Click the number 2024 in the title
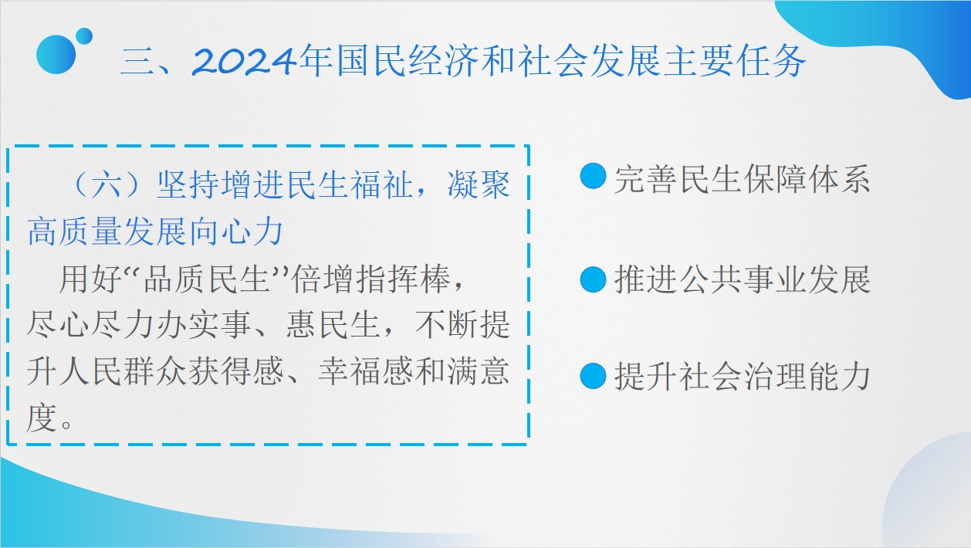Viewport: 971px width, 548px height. pos(245,61)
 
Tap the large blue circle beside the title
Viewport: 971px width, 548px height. pos(56,55)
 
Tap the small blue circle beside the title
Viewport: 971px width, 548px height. pos(84,36)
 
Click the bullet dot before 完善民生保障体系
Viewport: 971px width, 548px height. pos(593,176)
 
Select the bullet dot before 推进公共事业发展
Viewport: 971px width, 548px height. pos(593,279)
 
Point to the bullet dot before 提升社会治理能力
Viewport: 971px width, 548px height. pos(593,376)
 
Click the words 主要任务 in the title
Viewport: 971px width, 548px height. pos(735,61)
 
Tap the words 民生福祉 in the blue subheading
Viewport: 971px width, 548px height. pos(349,185)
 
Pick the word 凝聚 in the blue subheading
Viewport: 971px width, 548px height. pos(479,185)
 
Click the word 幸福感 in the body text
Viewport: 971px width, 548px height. pos(365,372)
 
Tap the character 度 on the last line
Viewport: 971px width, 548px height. pos(42,418)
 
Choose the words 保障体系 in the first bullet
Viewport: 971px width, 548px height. pos(807,179)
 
